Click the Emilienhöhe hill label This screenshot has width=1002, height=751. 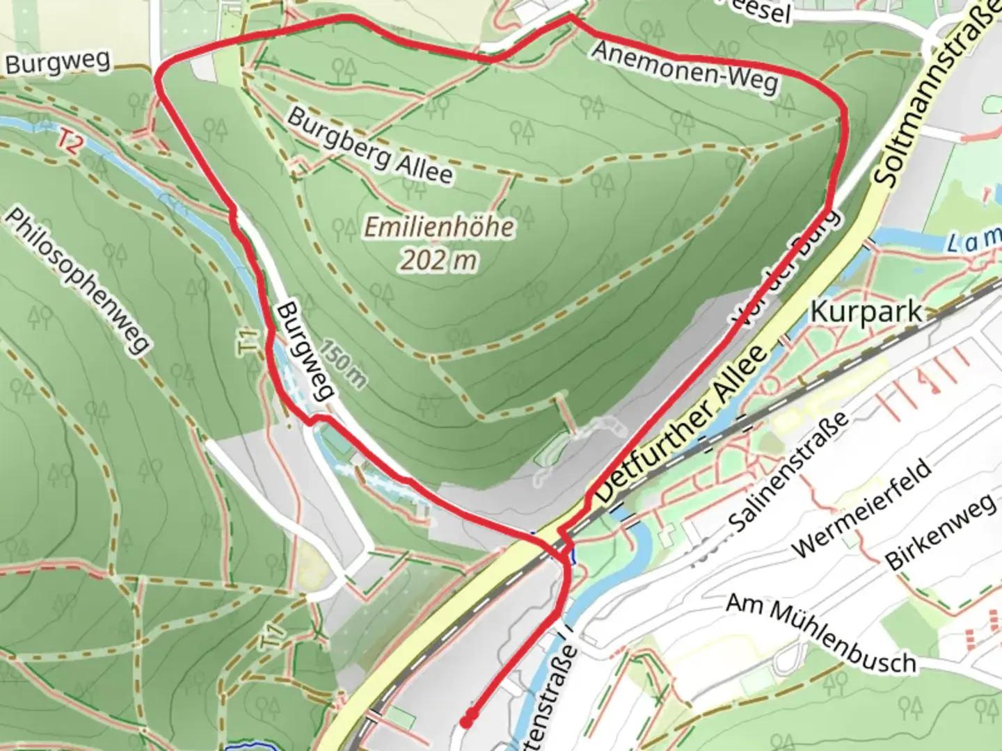click(440, 227)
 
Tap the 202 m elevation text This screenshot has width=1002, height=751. click(439, 260)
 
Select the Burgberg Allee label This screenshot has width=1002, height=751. click(369, 147)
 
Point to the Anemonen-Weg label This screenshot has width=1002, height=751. click(685, 68)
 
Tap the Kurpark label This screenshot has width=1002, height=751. click(866, 313)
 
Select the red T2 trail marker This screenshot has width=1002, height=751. click(68, 143)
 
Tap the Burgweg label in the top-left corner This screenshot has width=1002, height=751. click(58, 63)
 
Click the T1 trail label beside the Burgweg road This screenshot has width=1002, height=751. click(248, 344)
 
